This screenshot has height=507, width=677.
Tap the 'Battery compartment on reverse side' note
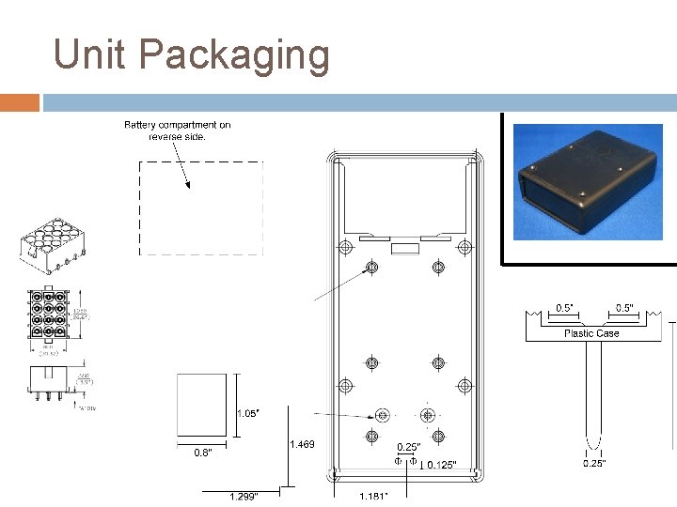[x=178, y=131]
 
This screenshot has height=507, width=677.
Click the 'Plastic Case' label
[x=591, y=333]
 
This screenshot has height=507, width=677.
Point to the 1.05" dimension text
[x=247, y=413]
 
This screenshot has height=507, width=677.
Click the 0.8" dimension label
[x=203, y=453]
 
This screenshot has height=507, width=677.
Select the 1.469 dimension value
[x=302, y=444]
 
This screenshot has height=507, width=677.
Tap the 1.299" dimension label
[x=244, y=496]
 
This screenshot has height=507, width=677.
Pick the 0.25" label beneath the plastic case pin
[x=594, y=463]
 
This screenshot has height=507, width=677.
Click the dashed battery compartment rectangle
[x=201, y=207]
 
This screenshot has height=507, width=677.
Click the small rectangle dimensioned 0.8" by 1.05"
[x=202, y=405]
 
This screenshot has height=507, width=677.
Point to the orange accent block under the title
[x=20, y=101]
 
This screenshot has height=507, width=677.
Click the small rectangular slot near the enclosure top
[x=405, y=248]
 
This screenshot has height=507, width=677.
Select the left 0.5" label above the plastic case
[x=565, y=308]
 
